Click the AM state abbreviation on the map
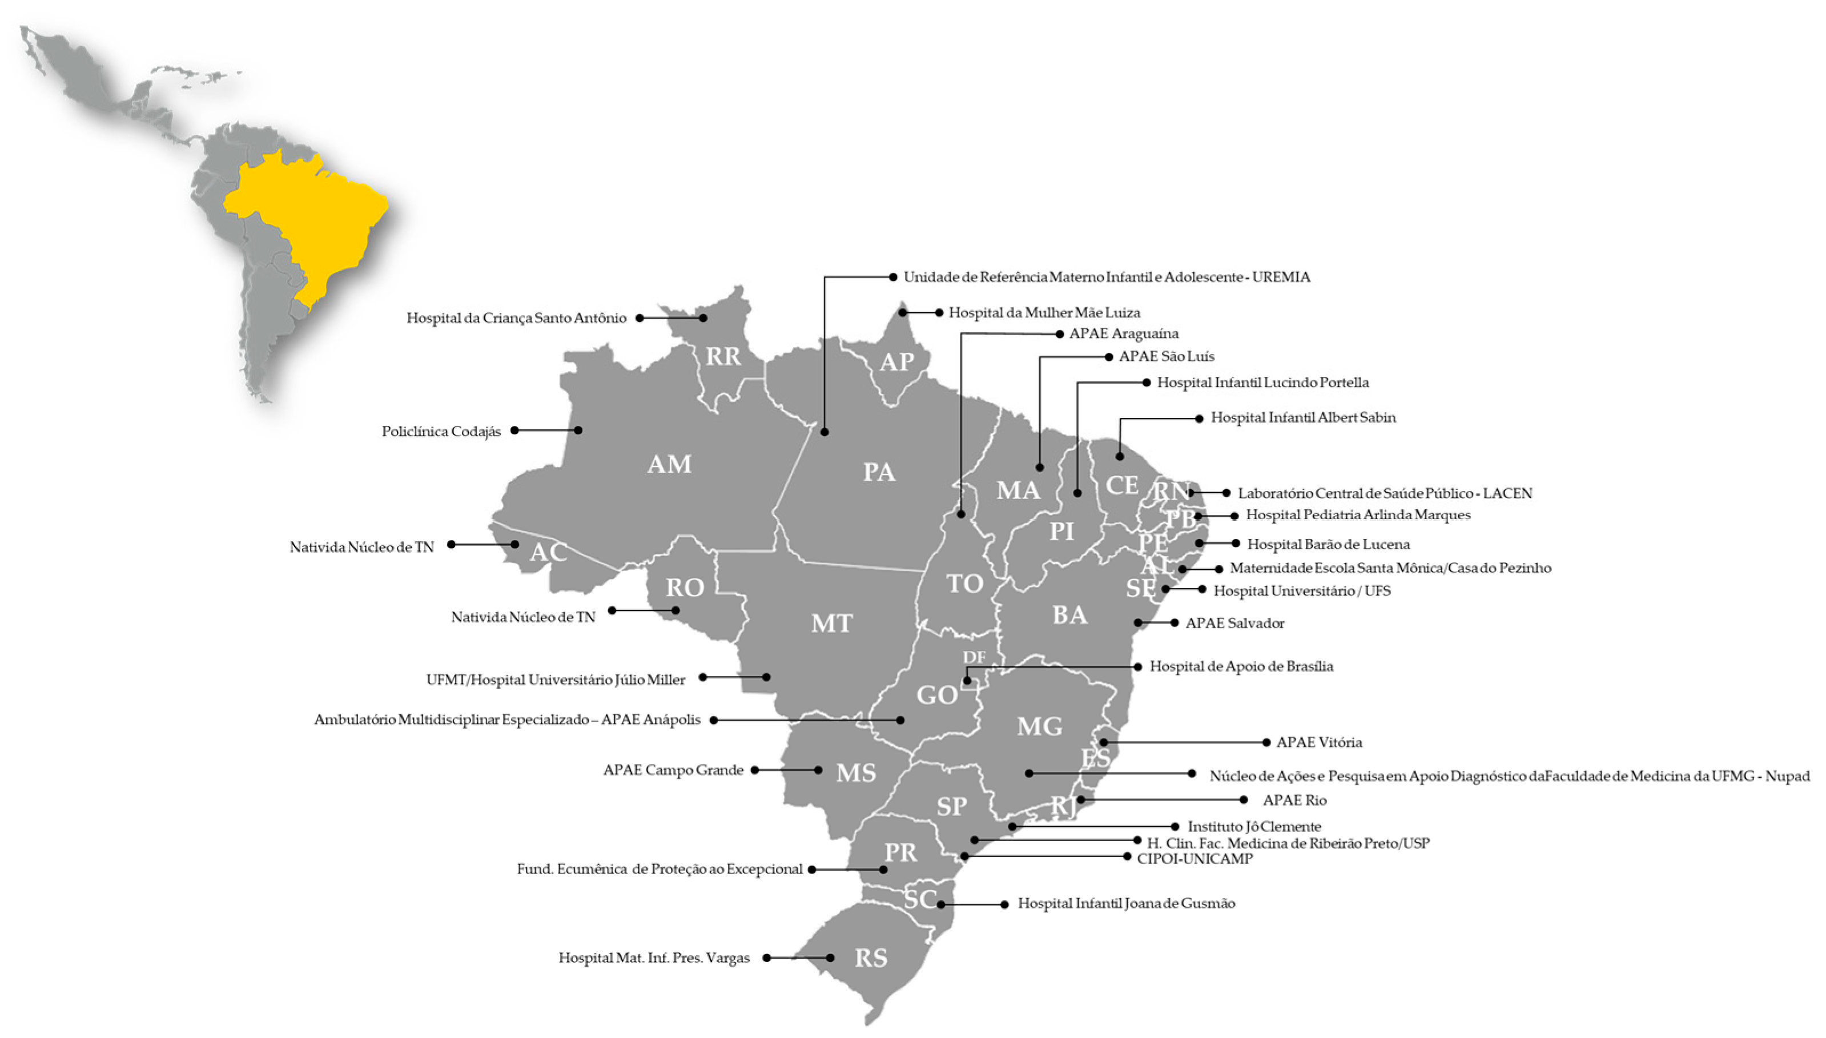pos(669,464)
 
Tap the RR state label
pos(723,356)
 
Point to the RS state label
pos(870,958)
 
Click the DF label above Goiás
pos(974,657)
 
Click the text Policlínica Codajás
pos(441,431)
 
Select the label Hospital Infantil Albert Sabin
pos(1303,418)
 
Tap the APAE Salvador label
pos(1234,623)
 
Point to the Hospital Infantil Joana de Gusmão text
pos(1126,904)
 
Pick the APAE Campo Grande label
pos(673,770)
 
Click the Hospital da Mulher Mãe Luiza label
pos(1044,313)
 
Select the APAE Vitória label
pos(1318,742)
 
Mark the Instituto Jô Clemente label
pos(1254,827)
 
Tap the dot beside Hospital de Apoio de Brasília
pos(1137,666)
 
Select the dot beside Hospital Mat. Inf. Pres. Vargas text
pos(766,958)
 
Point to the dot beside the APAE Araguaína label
pos(1059,333)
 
